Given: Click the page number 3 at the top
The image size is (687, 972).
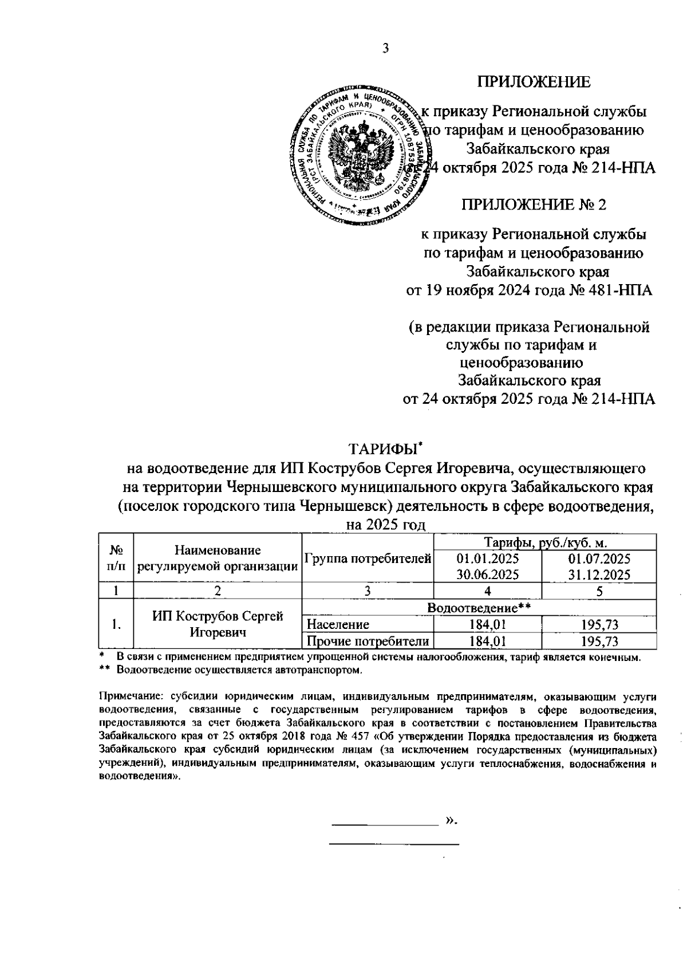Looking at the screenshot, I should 385,49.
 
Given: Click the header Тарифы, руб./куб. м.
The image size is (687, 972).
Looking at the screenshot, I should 545,542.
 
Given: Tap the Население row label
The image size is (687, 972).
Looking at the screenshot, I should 338,624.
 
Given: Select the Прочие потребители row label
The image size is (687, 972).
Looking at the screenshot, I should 368,641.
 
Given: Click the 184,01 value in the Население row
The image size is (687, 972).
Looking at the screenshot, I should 487,624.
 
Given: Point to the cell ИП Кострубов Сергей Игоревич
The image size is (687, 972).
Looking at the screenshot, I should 218,624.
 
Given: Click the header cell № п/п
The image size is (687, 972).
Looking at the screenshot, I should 116,558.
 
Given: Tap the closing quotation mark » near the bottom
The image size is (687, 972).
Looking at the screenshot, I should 451,823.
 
